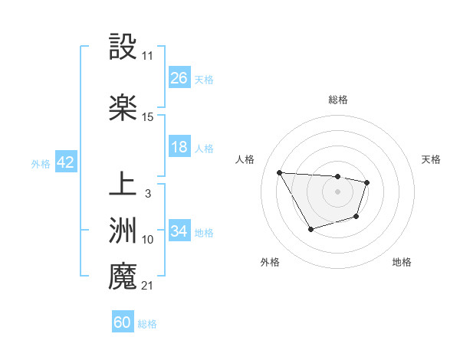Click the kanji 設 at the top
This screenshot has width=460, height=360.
click(123, 47)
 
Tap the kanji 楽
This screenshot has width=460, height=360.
click(123, 108)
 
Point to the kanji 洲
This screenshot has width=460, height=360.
click(123, 231)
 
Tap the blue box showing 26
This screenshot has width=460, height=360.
click(179, 78)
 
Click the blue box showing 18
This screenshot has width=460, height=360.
click(179, 148)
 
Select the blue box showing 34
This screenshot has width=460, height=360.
click(179, 231)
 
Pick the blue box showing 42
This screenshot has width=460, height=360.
click(65, 163)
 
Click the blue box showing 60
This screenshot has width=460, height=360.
click(123, 322)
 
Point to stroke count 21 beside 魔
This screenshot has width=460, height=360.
click(147, 286)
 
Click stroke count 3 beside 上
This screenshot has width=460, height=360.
click(147, 194)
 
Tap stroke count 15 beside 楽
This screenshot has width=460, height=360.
click(148, 117)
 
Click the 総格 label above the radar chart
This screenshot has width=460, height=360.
click(338, 100)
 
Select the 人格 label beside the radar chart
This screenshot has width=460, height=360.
click(246, 159)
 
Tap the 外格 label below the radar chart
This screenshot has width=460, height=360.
click(270, 262)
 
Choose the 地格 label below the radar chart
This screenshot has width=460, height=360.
click(402, 262)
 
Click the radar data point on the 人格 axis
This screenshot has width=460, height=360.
click(280, 172)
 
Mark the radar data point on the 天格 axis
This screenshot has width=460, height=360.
click(367, 182)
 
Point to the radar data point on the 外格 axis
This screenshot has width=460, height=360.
click(310, 229)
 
